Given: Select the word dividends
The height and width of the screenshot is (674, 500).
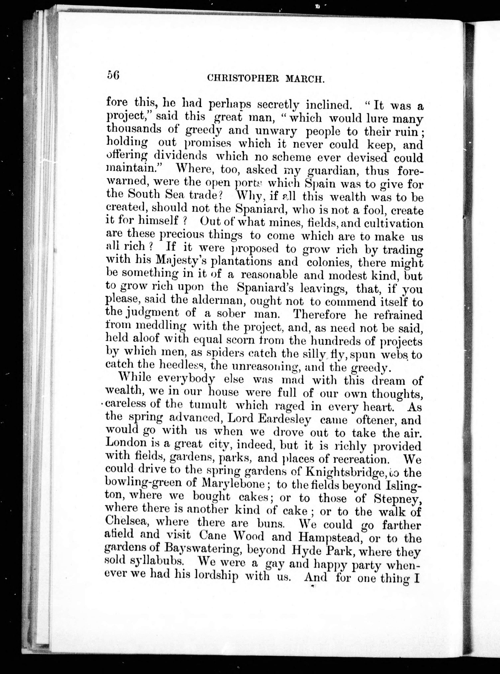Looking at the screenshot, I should (180, 156).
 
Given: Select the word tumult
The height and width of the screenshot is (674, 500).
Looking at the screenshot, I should (208, 405).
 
